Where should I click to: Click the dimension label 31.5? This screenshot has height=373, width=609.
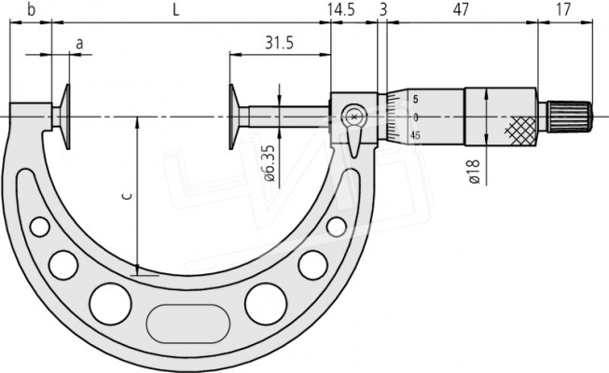279,43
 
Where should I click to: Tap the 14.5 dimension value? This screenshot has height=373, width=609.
341,9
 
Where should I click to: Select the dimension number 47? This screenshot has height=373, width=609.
461,9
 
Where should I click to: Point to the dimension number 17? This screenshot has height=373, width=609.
563,9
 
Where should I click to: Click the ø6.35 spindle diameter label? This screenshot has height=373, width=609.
270,163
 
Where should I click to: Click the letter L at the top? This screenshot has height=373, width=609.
176,10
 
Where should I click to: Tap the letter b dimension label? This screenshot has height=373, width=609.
32,9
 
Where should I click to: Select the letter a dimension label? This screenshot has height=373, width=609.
79,44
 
